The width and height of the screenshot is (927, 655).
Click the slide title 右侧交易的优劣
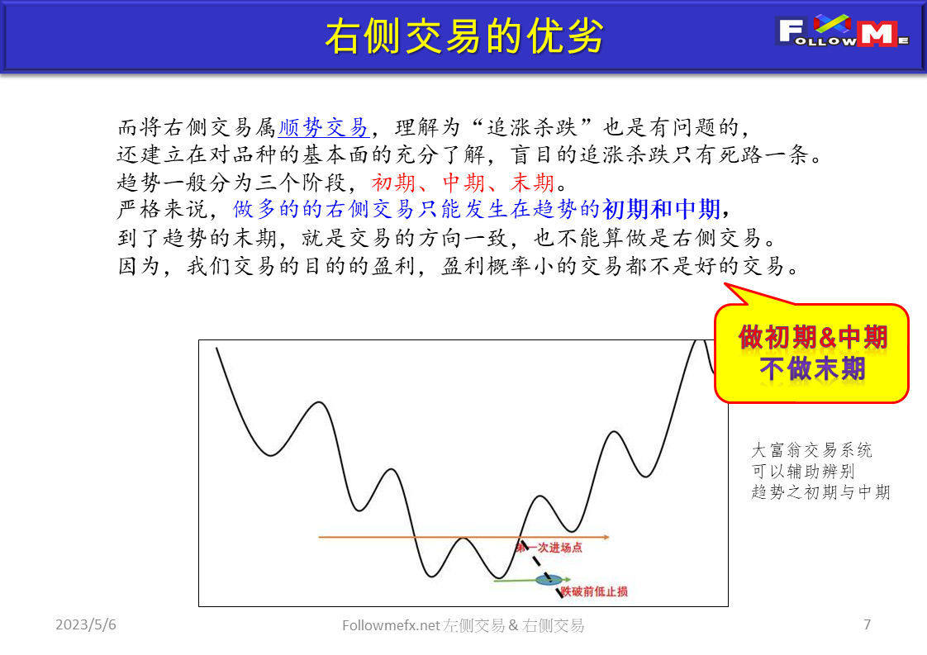(464, 36)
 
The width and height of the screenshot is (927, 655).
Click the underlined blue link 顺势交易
(323, 127)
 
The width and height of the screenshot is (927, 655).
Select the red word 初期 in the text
(393, 183)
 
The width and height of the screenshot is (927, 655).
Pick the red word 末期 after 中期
(532, 183)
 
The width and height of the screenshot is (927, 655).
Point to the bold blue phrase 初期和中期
(661, 209)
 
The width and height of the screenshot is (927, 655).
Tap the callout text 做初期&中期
(813, 338)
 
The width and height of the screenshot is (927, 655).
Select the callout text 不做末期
(813, 369)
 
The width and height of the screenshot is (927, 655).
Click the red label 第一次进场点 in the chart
(549, 548)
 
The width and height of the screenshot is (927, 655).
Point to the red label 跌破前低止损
(593, 591)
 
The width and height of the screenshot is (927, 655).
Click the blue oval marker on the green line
(549, 580)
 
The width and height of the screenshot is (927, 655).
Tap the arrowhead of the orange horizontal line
(606, 537)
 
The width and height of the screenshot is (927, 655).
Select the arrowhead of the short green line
(567, 579)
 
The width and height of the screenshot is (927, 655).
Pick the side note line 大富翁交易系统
(811, 450)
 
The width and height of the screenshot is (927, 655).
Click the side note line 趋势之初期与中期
(820, 491)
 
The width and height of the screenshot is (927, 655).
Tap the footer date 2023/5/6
(86, 624)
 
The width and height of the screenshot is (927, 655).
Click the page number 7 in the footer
(867, 624)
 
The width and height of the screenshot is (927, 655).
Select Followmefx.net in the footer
(391, 624)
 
